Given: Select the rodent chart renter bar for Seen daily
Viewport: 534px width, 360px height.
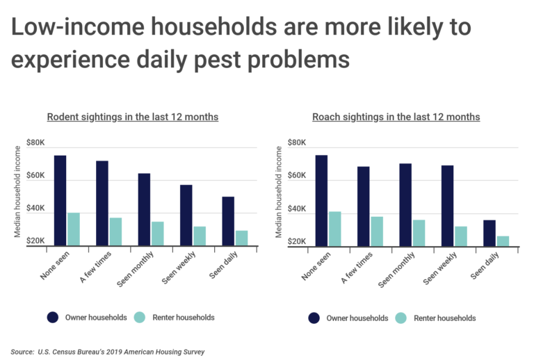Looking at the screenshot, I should pos(241,238).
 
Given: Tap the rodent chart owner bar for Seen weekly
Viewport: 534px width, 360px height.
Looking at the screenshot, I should pos(186,215).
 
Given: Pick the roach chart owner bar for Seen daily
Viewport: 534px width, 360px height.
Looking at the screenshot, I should pos(489,233).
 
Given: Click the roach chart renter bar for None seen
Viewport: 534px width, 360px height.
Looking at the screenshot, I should pos(335,229).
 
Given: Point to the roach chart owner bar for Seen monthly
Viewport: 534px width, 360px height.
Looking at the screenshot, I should pos(405,204).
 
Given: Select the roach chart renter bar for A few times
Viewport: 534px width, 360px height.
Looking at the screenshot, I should pos(377,231).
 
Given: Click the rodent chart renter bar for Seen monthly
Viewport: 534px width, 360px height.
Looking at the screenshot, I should pos(158,234).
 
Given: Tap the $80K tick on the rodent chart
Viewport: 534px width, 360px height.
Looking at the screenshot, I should pos(35,143).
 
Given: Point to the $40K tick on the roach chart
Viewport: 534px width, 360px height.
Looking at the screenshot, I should pos(297,209).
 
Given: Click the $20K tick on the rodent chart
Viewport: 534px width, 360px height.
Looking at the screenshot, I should pos(35,240).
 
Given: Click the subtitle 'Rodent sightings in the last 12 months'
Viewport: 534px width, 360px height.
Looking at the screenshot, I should pos(133,117).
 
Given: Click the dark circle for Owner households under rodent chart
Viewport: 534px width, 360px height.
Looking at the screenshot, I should pos(53,318).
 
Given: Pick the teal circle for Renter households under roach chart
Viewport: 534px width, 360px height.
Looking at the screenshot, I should pos(401,318).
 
